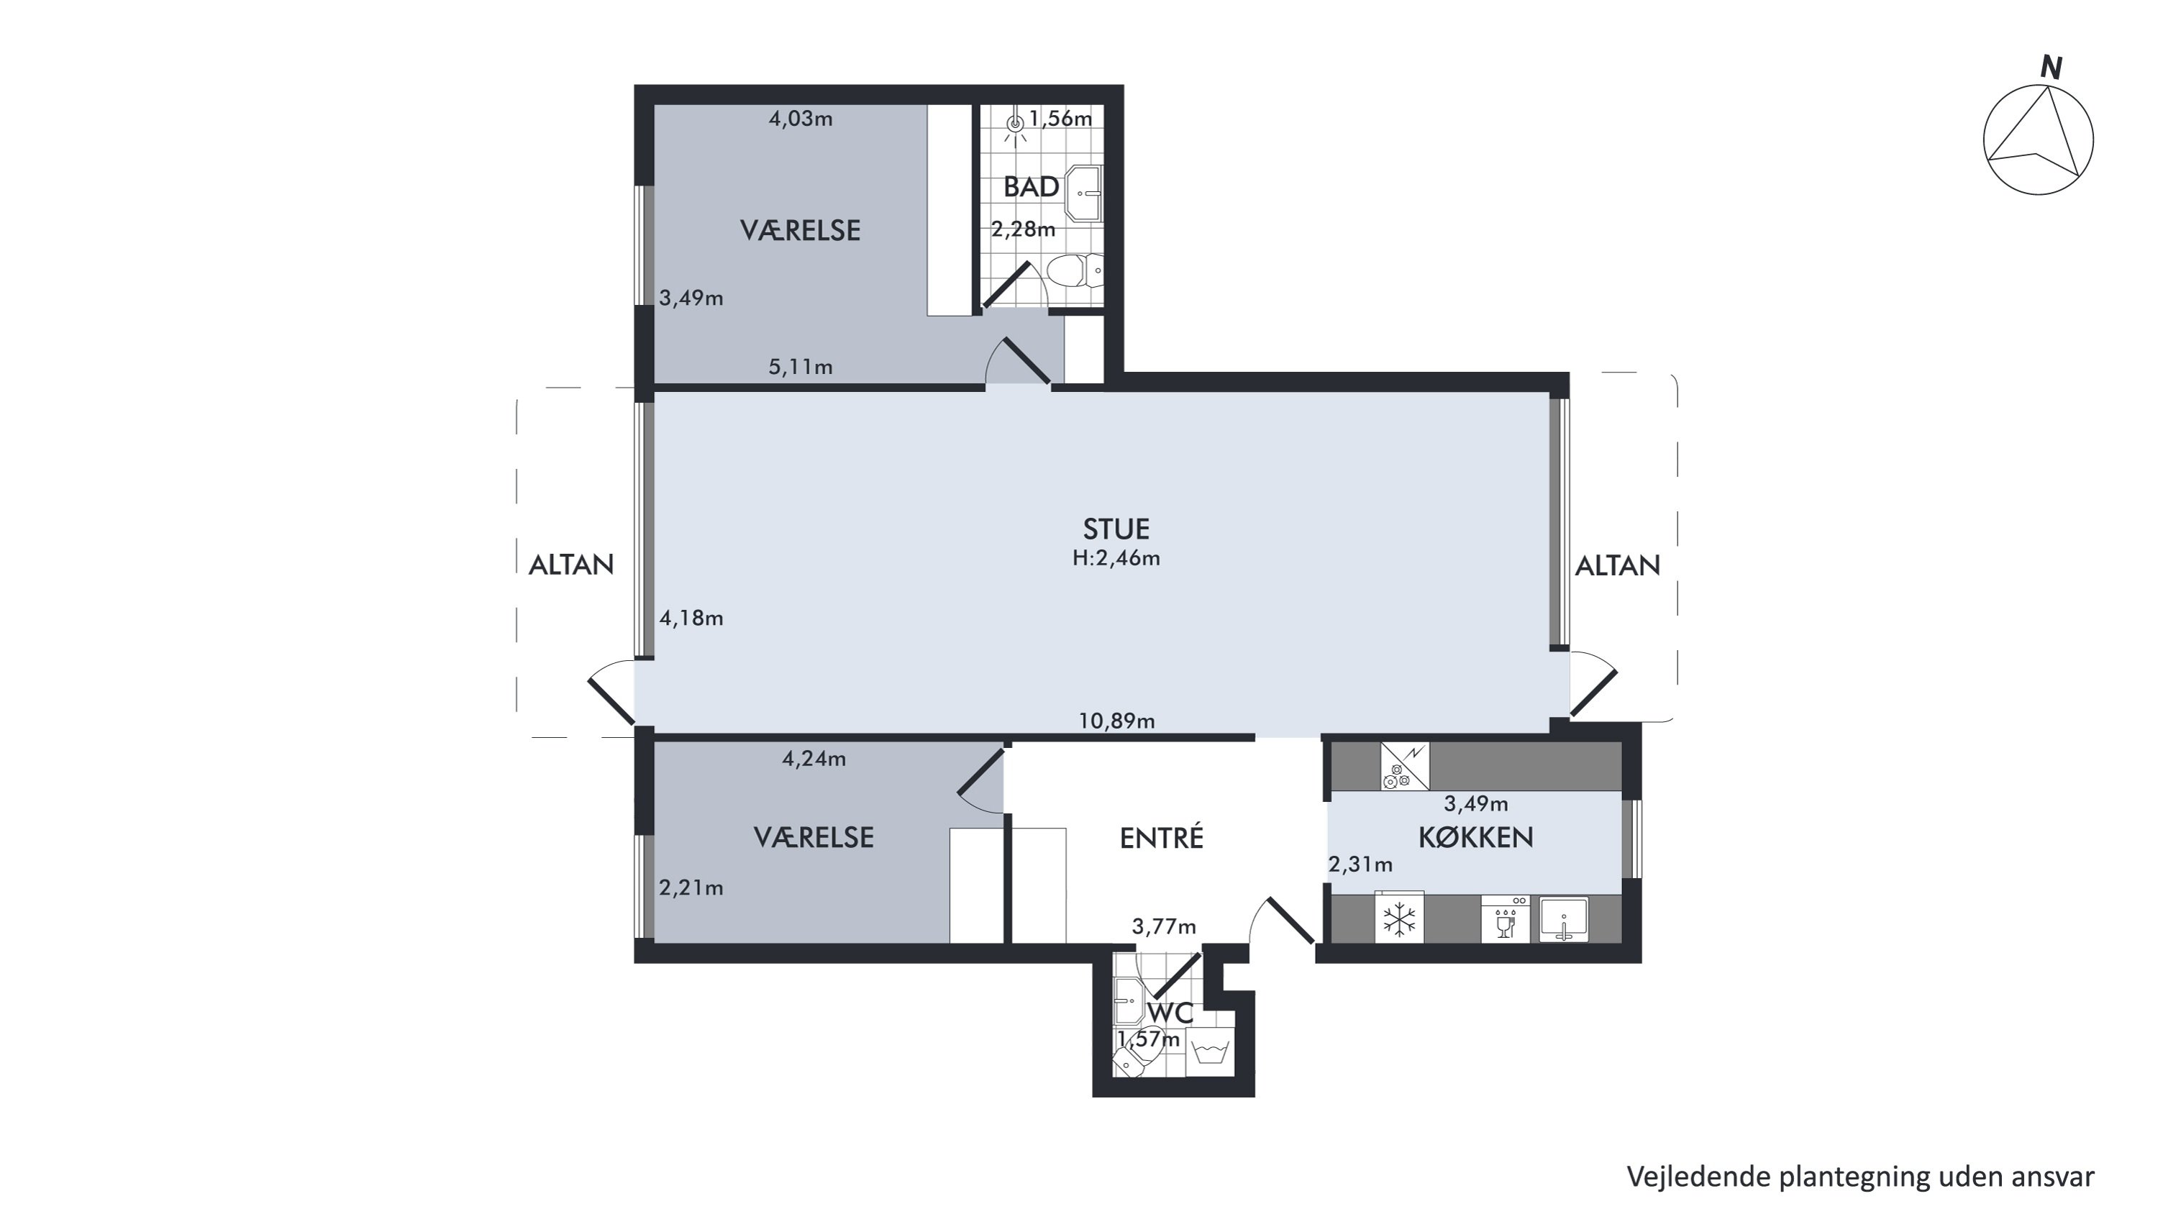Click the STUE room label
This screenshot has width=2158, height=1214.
point(1116,529)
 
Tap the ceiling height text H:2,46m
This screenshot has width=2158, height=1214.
point(1116,558)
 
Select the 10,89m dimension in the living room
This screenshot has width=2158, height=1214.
point(1116,721)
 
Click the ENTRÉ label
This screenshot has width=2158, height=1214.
point(1161,837)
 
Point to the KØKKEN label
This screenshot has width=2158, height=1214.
point(1475,837)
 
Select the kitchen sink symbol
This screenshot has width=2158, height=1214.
point(1564,920)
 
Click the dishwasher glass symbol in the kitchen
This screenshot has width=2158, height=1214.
point(1506,919)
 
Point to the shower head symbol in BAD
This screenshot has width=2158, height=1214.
point(1015,128)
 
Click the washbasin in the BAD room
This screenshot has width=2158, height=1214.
point(1083,193)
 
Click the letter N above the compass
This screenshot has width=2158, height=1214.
point(2051,67)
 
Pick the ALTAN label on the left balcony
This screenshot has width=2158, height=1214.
point(571,565)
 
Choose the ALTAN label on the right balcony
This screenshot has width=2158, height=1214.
point(1618,565)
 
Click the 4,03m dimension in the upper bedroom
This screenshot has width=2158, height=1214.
point(801,119)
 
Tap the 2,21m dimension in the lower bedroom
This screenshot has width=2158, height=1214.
point(691,888)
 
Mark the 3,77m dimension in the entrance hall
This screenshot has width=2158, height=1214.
point(1164,926)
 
